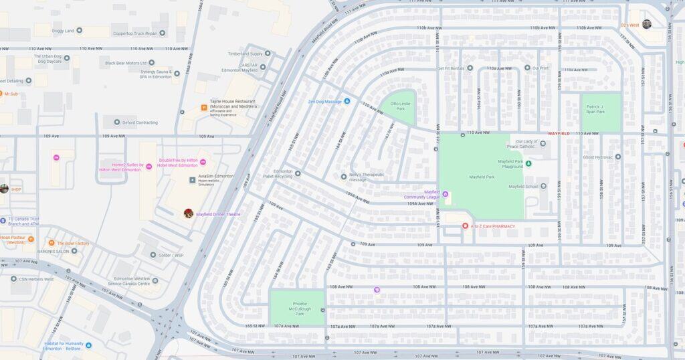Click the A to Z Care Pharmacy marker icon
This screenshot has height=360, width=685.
[x=465, y=226]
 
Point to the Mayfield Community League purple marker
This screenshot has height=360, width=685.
[x=446, y=194]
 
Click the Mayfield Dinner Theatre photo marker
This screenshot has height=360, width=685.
[x=189, y=213]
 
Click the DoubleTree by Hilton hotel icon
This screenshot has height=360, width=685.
[x=203, y=162]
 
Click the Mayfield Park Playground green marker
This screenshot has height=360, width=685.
[x=528, y=163]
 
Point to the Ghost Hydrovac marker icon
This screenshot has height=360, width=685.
[x=618, y=157]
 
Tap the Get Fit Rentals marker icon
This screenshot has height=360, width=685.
[x=470, y=68]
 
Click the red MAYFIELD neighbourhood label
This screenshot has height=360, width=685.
[x=559, y=133]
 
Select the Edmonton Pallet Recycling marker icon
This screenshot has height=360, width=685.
[x=298, y=173]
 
